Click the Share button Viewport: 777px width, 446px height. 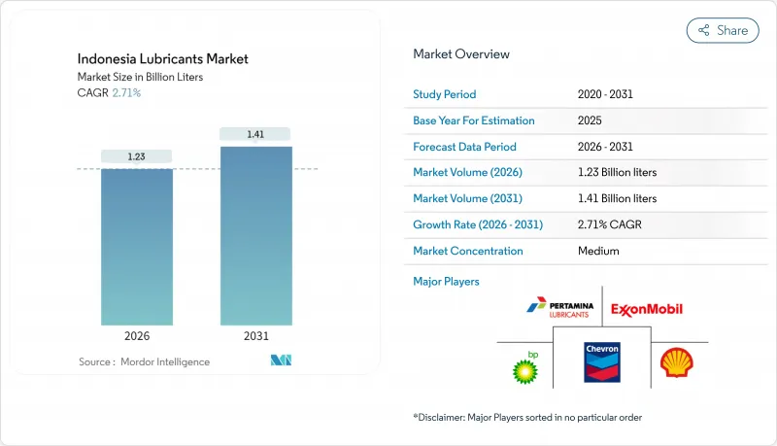coord(723,30)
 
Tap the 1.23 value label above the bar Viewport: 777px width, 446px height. coord(137,156)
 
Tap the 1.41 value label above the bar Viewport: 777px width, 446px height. coord(255,134)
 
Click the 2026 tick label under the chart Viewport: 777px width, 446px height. coord(137,337)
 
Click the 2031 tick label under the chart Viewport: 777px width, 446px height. coord(255,337)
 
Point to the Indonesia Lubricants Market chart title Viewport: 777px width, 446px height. coord(163,59)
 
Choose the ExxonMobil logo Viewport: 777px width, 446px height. coord(647,309)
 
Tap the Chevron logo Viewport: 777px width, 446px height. coord(602,361)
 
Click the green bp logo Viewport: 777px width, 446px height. coord(525,366)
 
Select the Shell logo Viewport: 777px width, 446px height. coord(676,363)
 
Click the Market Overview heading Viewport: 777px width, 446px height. coord(461,53)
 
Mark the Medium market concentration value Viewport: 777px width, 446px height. coord(597,251)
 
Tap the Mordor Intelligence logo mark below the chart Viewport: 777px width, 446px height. coord(282,361)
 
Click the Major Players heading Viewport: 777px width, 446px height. coord(446,281)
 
